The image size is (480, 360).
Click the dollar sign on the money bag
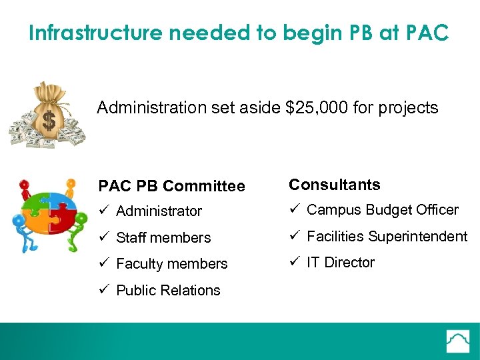49,121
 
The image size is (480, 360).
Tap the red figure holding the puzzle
25,190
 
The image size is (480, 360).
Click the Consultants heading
334,185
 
